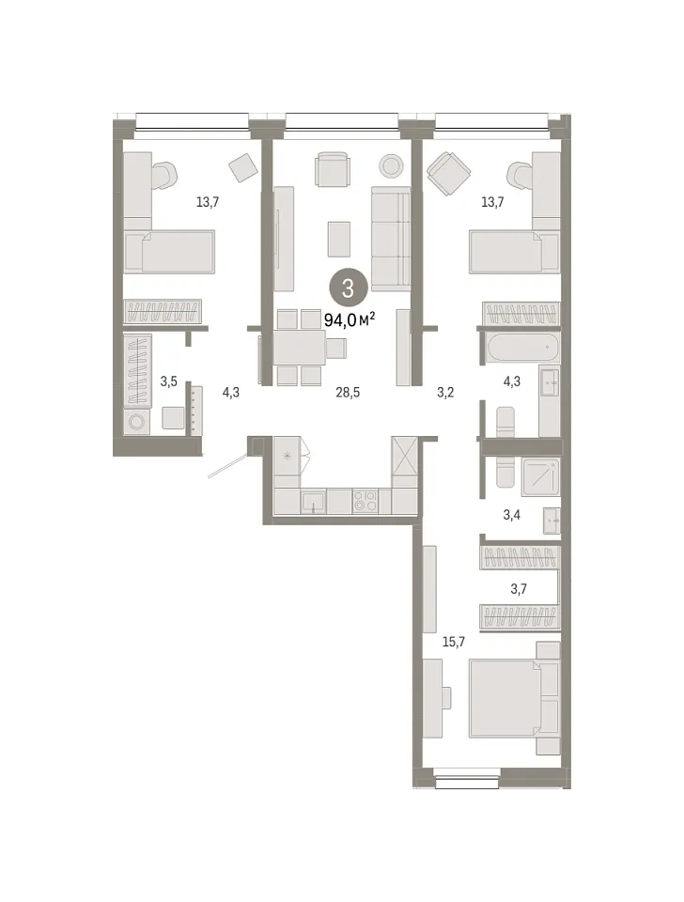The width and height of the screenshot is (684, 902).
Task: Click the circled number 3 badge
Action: coord(348,288)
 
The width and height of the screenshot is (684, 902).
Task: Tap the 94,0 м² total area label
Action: coord(350,319)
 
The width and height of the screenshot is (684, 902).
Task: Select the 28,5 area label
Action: coord(348,393)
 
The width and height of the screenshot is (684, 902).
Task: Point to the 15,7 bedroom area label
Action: coord(453,642)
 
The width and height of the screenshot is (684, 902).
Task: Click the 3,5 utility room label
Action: coord(168,381)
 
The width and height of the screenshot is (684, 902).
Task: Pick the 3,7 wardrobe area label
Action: coord(519,588)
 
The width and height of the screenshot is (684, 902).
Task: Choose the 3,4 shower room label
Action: coord(511,515)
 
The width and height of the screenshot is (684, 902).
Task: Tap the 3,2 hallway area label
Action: coord(445,393)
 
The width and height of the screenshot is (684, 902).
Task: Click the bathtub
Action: coord(521,348)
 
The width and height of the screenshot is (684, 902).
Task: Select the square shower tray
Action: coord(541,477)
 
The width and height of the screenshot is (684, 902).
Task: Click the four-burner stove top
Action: coord(365,501)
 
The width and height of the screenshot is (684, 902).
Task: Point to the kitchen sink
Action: coord(314,502)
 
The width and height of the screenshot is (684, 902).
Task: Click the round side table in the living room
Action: coord(391,165)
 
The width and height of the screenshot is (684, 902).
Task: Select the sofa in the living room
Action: coord(391,239)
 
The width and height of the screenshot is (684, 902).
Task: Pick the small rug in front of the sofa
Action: coord(339,240)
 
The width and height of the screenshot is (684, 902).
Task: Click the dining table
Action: coord(300,348)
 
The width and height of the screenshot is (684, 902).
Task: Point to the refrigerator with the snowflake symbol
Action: coord(288,457)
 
